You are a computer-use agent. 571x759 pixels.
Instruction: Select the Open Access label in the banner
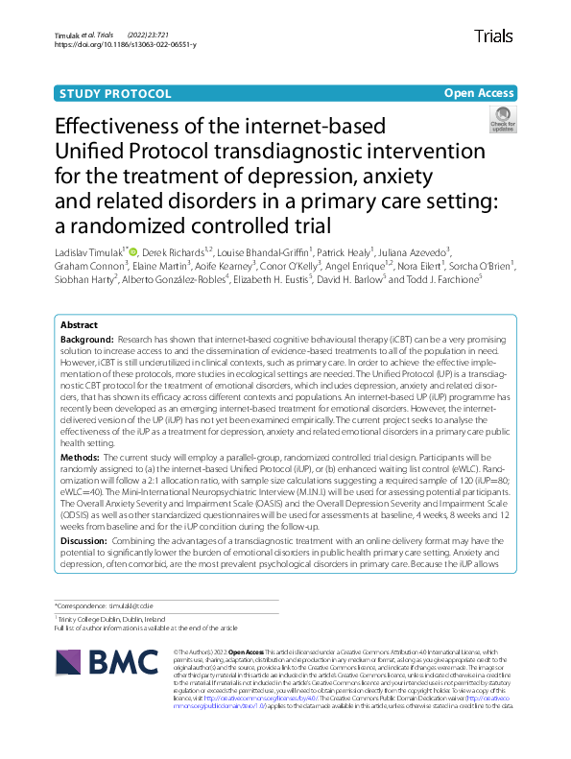pyautogui.click(x=478, y=93)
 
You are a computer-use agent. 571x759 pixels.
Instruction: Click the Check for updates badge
pyautogui.click(x=502, y=119)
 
